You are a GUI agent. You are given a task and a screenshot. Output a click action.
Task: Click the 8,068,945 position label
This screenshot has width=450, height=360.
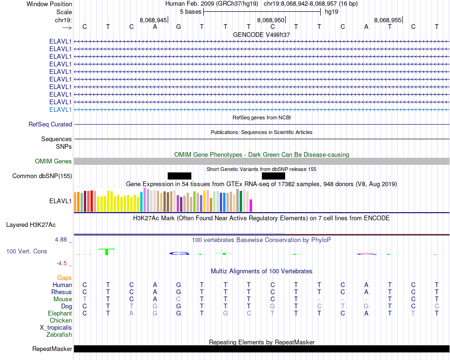tap(153, 20)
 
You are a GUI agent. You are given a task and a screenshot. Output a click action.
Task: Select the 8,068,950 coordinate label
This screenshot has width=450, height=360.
tap(270, 20)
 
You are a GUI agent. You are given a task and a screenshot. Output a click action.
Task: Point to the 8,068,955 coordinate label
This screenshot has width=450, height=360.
tap(387, 20)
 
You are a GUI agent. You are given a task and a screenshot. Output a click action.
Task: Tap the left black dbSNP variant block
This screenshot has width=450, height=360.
tap(180, 176)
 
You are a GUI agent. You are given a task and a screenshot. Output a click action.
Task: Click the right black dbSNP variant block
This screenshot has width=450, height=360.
tap(273, 176)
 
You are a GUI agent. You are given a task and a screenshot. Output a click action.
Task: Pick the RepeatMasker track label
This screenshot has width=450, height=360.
tap(52, 349)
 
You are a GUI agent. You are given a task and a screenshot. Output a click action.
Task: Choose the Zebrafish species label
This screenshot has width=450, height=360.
tap(59, 335)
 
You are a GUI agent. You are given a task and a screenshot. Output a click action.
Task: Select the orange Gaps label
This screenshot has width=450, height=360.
tap(64, 278)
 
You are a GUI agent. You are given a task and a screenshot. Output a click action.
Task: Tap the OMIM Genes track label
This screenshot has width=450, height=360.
tap(54, 162)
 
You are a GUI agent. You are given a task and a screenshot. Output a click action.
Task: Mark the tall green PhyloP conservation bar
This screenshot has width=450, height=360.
tap(107, 252)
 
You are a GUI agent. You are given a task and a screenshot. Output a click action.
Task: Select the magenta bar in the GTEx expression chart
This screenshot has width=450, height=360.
tap(251, 206)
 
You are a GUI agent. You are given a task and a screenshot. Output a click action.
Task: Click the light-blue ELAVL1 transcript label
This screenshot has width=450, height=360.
tap(60, 110)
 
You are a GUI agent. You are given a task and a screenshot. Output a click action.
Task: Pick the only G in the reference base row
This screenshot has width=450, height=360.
tap(179, 27)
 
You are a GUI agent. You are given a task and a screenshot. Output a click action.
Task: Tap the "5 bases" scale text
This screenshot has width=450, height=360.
tap(190, 12)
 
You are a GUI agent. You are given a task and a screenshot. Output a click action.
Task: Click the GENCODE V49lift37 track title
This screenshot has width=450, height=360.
tap(261, 35)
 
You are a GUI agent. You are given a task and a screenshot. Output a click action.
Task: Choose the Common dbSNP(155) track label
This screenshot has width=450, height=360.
tap(42, 176)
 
